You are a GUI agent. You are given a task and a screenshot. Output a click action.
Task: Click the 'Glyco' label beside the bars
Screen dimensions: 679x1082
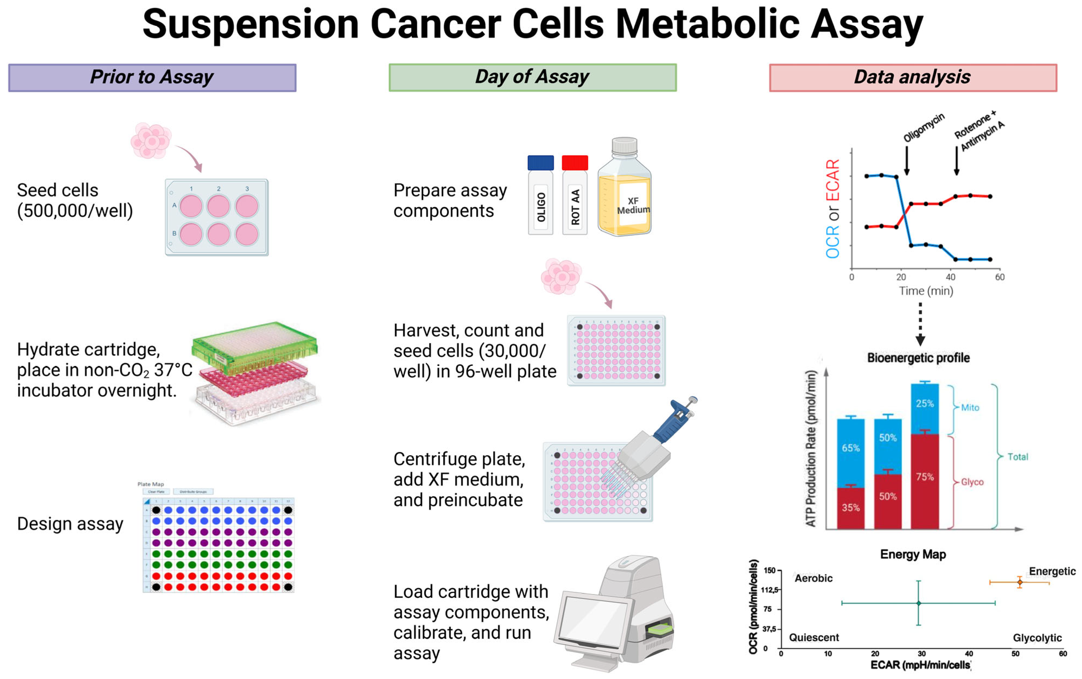click(x=972, y=482)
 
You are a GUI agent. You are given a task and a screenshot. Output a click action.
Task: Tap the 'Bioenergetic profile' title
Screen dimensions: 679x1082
click(x=918, y=358)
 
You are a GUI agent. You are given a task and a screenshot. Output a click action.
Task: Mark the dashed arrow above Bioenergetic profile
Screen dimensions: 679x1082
click(x=920, y=323)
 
